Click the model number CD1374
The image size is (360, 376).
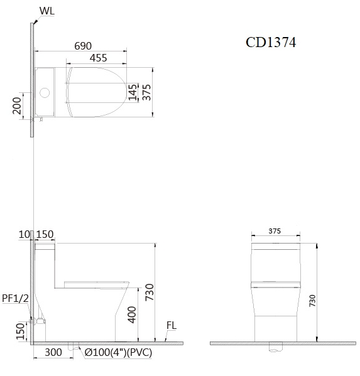[270, 43]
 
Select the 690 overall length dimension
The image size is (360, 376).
[83, 46]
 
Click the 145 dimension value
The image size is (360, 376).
[132, 92]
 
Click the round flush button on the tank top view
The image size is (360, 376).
[45, 94]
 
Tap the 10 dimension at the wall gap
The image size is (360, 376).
[25, 235]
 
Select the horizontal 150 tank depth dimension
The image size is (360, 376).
[45, 235]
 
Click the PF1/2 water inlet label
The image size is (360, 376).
[14, 298]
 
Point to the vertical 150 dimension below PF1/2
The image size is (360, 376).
[19, 330]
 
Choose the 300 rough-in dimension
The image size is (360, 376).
[53, 353]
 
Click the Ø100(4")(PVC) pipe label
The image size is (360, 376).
[118, 353]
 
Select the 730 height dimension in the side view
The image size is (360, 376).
[150, 291]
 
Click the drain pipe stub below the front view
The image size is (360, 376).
[275, 347]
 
